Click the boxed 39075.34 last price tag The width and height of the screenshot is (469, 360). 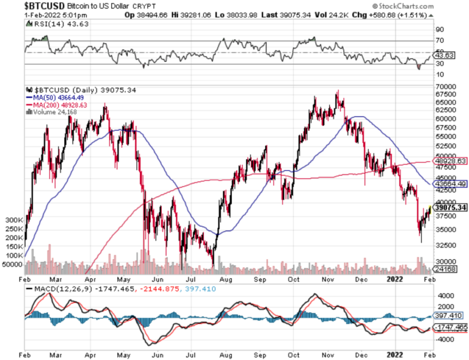coord(450,208)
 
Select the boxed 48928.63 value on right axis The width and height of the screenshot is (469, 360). coord(450,161)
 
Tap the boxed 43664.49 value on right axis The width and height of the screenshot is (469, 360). coord(450,183)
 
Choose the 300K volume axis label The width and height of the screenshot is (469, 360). coord(14,219)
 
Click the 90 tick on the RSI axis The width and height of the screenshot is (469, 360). coord(438,29)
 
